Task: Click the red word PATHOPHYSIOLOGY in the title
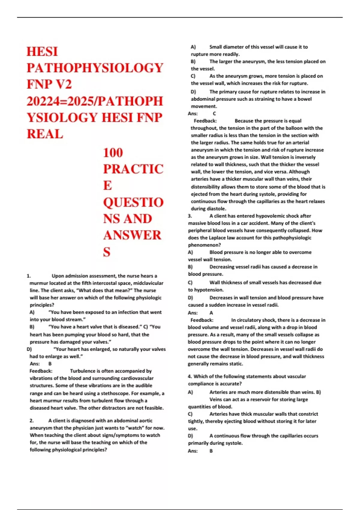(x=95, y=68)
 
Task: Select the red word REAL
(x=45, y=134)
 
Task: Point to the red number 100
(x=113, y=153)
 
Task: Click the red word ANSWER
(x=132, y=235)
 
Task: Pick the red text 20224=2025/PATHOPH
(x=95, y=101)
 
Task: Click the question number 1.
(x=28, y=276)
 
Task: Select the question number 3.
(x=190, y=216)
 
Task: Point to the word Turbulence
(x=83, y=371)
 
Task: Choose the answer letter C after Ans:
(x=214, y=114)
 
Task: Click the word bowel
(x=304, y=99)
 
